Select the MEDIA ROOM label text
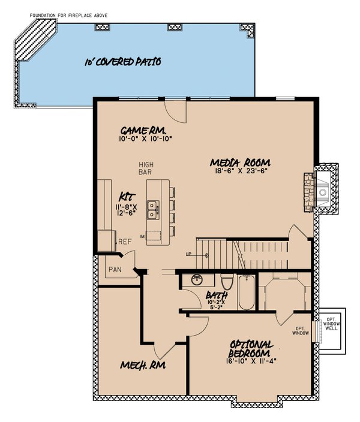click(240, 162)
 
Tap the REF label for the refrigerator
click(125, 242)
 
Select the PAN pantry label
click(115, 270)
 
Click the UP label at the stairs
click(189, 255)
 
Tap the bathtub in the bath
click(246, 292)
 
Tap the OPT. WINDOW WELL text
click(331, 323)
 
